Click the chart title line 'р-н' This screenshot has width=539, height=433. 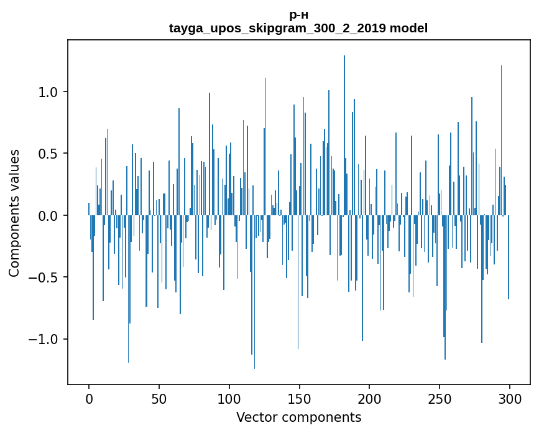tap(298, 15)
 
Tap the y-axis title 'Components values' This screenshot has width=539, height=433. tap(14, 213)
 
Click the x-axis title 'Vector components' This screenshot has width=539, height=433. tap(298, 417)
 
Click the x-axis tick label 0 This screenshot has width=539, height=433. tap(89, 399)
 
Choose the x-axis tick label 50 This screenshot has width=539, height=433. tap(159, 399)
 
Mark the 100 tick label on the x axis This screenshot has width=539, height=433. tap(229, 399)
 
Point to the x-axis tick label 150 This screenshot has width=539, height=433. tap(300, 399)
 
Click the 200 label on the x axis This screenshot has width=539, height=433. tap(369, 399)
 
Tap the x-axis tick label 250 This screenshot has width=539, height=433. tap(440, 399)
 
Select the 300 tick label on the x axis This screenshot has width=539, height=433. tap(510, 399)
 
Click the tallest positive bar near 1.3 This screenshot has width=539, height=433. tap(344, 124)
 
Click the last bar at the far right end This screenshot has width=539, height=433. tap(509, 261)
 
